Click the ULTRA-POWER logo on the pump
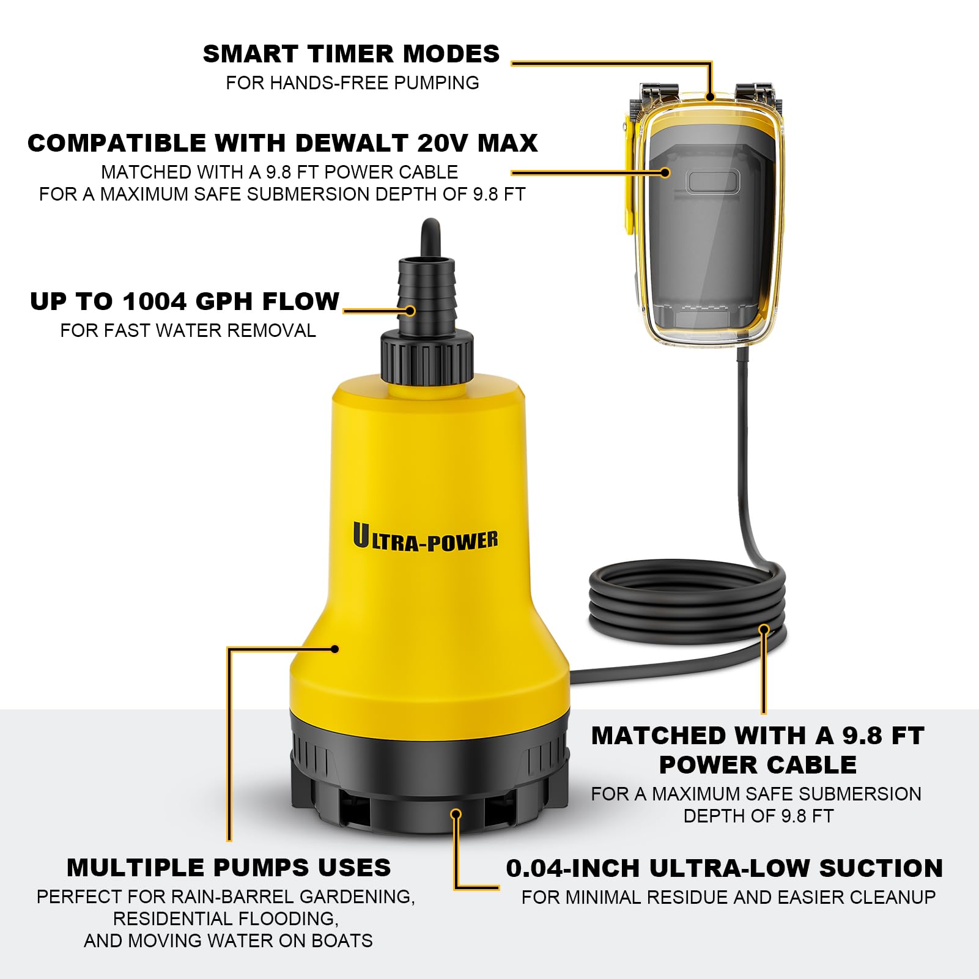[425, 538]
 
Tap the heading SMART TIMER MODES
[351, 54]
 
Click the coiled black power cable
[687, 605]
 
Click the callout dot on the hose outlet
[410, 311]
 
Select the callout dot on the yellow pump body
[334, 649]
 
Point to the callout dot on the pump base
[456, 814]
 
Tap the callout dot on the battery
[666, 172]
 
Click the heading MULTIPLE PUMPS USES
[229, 868]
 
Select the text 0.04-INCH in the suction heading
[574, 868]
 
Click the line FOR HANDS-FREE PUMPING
[352, 83]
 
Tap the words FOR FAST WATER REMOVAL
[188, 330]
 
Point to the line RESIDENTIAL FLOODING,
[226, 918]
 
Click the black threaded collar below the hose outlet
[427, 357]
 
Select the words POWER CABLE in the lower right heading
[758, 765]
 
